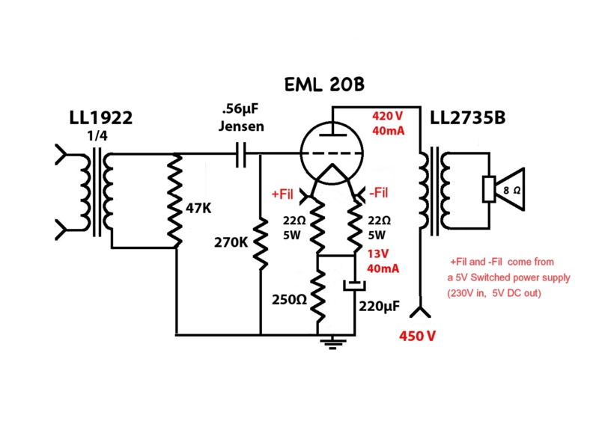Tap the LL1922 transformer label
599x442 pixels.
tap(100, 117)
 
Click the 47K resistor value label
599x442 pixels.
tap(198, 209)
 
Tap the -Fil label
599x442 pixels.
tap(380, 193)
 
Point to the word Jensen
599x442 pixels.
tap(241, 126)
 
